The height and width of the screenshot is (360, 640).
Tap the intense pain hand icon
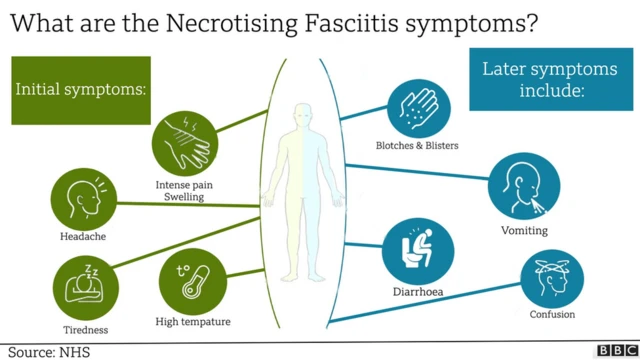[x=185, y=142]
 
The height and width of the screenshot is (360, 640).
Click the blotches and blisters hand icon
[x=418, y=105]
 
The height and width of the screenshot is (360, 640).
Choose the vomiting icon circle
[x=524, y=187]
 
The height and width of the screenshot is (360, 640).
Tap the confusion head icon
[x=552, y=278]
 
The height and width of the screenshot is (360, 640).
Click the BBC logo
[x=612, y=350]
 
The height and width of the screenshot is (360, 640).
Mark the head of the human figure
[x=302, y=112]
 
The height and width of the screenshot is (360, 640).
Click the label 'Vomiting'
[x=524, y=230]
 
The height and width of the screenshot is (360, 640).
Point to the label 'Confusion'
[x=552, y=316]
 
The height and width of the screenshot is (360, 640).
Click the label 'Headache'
[x=83, y=237]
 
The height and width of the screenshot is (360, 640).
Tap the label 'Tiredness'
[x=83, y=329]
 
